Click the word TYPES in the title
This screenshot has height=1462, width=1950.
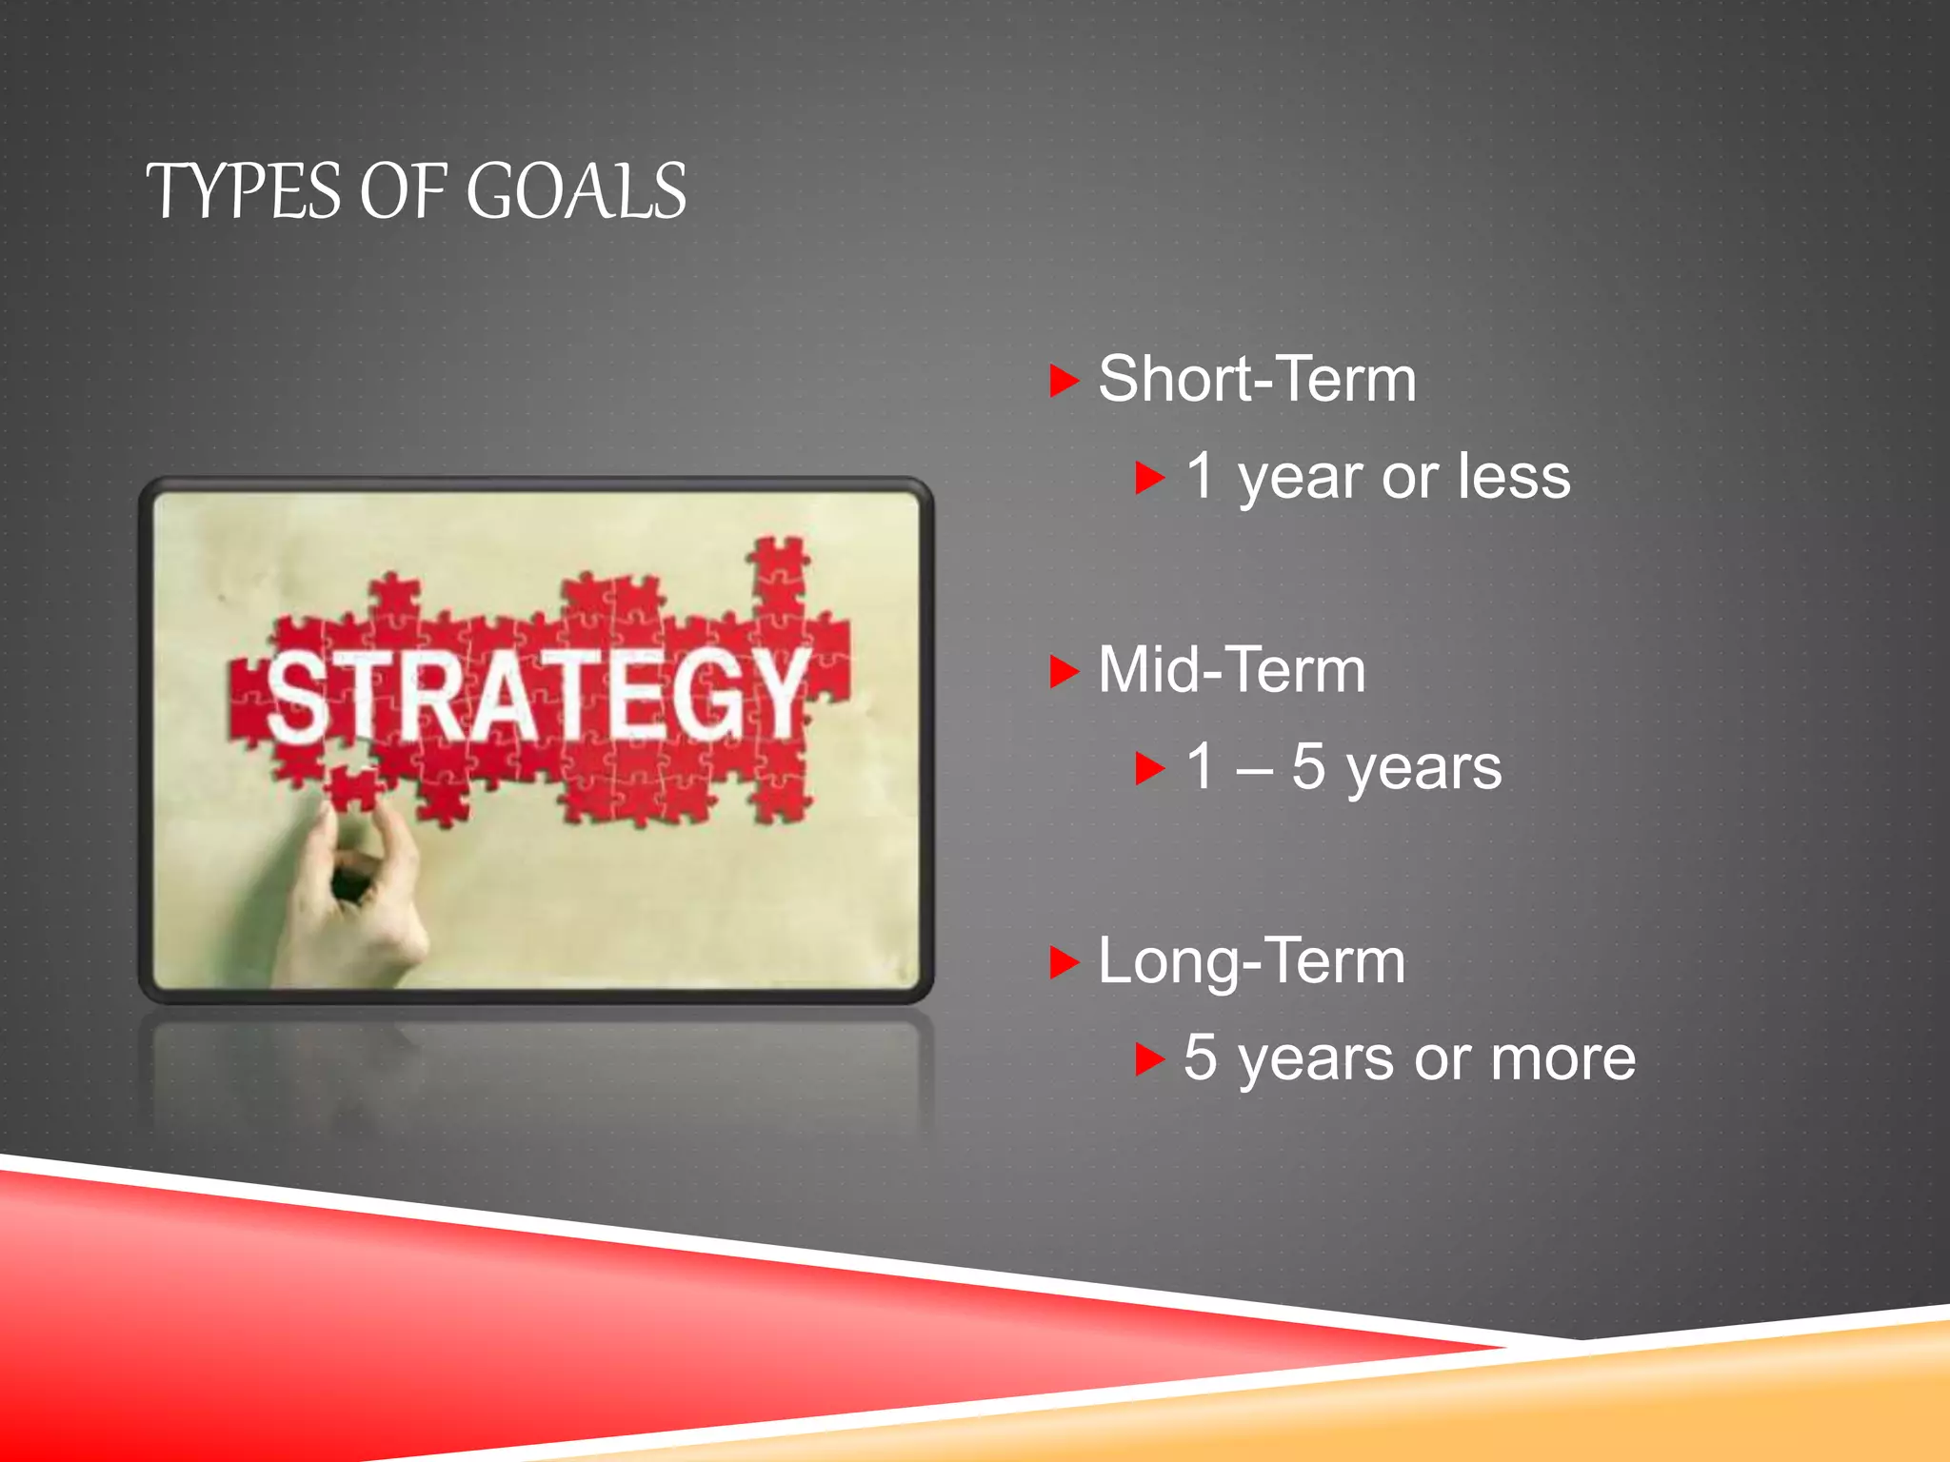click(243, 191)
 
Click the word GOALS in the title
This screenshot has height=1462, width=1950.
click(575, 191)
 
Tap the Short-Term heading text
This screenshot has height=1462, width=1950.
click(1257, 379)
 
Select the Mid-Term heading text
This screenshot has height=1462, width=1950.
click(1231, 670)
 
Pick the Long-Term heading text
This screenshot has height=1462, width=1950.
click(1251, 961)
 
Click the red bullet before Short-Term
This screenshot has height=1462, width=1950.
click(1063, 381)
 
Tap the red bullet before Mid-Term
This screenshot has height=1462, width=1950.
click(1063, 672)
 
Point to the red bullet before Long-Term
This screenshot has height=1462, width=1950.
click(1063, 962)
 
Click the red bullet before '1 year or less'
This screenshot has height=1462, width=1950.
click(1149, 478)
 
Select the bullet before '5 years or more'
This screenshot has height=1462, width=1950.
click(1149, 1059)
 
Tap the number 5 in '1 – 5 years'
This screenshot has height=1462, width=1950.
click(1308, 766)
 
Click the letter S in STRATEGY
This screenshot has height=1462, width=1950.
click(298, 697)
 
